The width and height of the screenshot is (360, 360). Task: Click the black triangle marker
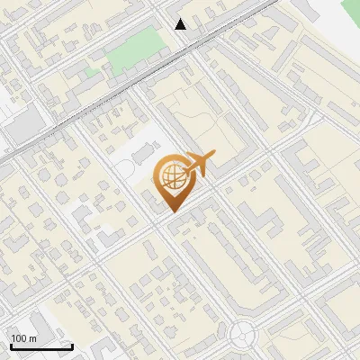tap(181, 24)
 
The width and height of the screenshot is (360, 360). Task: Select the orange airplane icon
tap(198, 164)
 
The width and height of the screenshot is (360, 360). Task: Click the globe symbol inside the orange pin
tap(171, 176)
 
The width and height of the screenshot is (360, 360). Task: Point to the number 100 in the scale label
tap(19, 338)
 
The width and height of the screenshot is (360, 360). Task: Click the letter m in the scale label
tap(33, 338)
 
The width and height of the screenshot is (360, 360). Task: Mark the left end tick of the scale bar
tap(10, 346)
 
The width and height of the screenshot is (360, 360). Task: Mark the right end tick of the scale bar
tap(72, 346)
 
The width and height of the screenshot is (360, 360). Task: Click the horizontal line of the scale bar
tap(40, 347)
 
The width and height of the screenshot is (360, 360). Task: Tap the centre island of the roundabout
tap(243, 335)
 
